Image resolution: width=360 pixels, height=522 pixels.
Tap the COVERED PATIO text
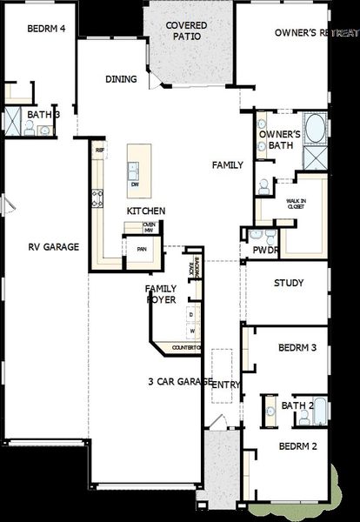185,32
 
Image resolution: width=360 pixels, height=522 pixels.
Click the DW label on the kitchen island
135,185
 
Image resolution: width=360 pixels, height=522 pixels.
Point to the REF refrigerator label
100,151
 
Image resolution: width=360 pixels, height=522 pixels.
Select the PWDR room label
264,251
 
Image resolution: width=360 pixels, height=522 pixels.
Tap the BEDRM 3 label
297,347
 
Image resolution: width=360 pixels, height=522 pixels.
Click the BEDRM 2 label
297,446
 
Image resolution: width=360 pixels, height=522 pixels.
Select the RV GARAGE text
52,247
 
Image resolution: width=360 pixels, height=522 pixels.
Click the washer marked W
192,331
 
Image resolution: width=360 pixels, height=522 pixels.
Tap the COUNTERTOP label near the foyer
186,348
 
